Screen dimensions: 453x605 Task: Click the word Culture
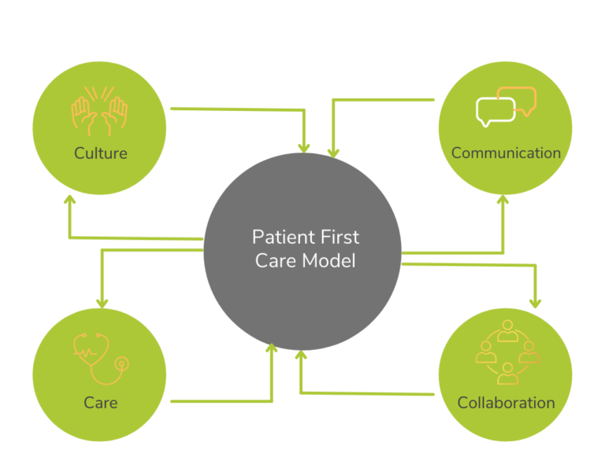pos(100,153)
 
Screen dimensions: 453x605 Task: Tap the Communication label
pos(506,153)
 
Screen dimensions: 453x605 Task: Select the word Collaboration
pos(506,403)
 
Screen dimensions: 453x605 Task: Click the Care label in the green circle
pos(100,403)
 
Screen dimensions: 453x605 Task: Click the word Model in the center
pos(329,261)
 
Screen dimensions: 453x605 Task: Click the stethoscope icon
pos(100,355)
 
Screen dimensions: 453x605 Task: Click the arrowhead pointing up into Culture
pos(69,199)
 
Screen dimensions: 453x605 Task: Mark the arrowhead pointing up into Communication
pos(503,200)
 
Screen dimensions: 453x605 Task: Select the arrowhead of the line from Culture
pos(304,147)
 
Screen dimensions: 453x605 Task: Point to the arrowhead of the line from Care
pos(273,348)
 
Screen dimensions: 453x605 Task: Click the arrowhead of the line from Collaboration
pos(300,355)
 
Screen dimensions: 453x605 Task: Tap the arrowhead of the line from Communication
pos(333,152)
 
